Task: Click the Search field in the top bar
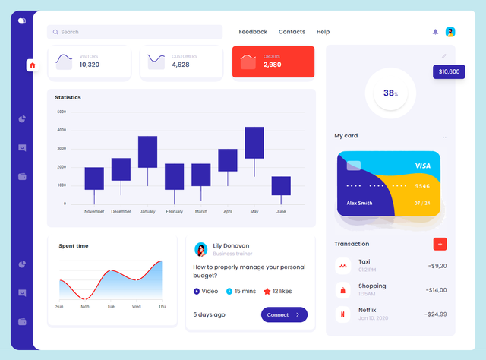coord(134,32)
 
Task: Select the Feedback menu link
coord(253,32)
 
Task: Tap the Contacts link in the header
coord(292,32)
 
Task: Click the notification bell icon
coord(435,32)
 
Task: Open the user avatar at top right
coord(450,32)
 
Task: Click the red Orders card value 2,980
coord(273,65)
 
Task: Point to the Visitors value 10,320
coord(90,65)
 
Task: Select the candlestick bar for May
coord(254,143)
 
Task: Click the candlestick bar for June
coord(281,186)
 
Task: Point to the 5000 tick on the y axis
coord(62,112)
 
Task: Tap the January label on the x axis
coord(147,212)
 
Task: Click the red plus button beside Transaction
coord(440,244)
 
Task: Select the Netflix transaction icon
coord(343,314)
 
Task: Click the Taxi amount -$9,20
coord(437,266)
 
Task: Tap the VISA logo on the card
coord(423,166)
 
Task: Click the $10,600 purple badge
coord(448,71)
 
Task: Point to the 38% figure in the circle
coord(390,93)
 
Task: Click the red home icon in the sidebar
coord(32,65)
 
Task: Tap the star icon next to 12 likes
coord(267,291)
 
